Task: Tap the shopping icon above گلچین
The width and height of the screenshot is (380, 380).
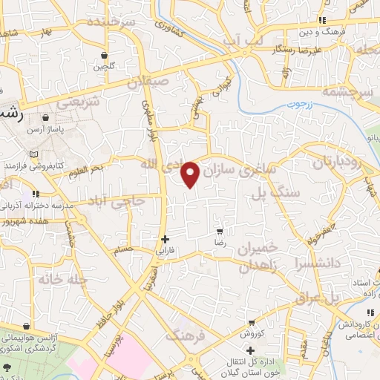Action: click(104, 55)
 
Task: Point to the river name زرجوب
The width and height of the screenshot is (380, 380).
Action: click(298, 105)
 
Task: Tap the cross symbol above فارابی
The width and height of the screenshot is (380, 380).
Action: click(165, 239)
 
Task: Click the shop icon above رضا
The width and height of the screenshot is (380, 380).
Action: click(218, 231)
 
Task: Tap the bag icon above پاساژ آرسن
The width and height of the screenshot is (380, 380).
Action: click(46, 117)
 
